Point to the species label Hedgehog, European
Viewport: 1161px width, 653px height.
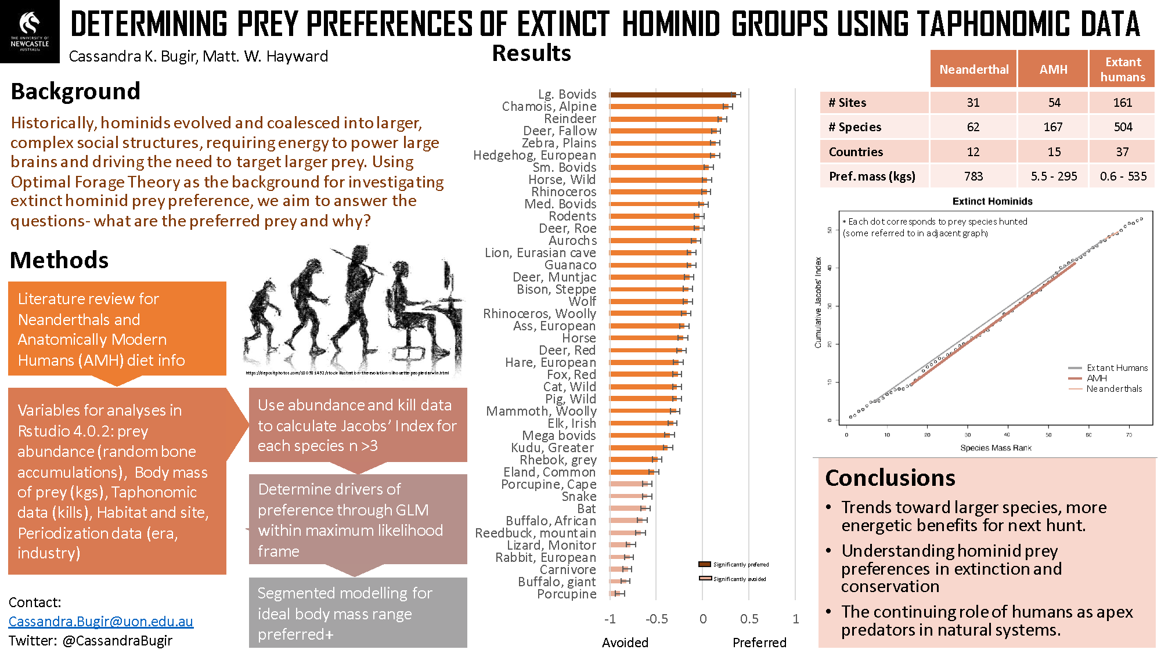pos(535,156)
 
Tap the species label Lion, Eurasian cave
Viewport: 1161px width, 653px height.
pos(540,253)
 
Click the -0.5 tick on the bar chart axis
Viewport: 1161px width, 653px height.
pos(657,619)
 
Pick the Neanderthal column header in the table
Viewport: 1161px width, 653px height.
pos(973,70)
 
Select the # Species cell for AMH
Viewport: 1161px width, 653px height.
pos(1053,127)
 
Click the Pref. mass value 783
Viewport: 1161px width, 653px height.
pos(973,176)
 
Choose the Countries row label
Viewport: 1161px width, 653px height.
pos(856,152)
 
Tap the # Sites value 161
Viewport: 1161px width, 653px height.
pos(1122,103)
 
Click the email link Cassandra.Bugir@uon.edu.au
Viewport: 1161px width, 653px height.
pos(100,622)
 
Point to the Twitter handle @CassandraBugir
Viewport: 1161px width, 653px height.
pos(117,641)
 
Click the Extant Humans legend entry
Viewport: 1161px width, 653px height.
pos(1117,368)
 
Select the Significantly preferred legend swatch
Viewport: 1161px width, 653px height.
pos(705,564)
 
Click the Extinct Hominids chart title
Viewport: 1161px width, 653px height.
pos(992,201)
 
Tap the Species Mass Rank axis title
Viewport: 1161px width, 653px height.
pos(996,448)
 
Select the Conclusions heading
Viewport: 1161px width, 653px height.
pos(890,478)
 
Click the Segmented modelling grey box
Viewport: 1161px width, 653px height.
pos(358,613)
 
